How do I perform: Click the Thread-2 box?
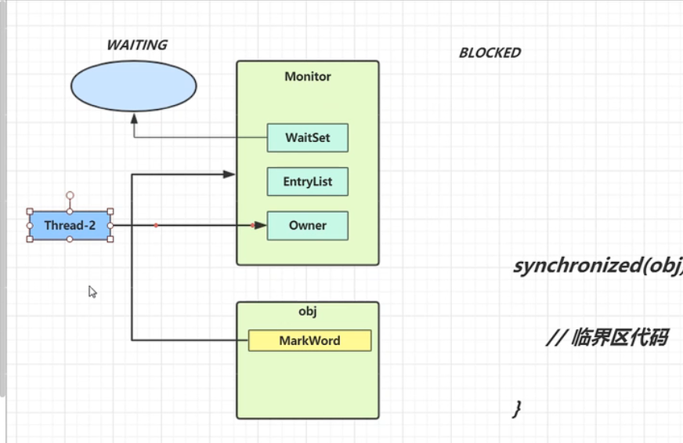(70, 225)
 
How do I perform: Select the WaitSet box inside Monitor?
(307, 137)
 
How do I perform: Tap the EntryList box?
(307, 181)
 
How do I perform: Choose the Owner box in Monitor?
(307, 225)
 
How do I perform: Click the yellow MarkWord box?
(309, 340)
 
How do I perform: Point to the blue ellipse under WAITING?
(133, 87)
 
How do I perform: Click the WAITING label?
(136, 45)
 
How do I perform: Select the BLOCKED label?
(490, 53)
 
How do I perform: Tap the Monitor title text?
(307, 77)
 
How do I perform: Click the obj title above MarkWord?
(307, 311)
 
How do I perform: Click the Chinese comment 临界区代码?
(607, 338)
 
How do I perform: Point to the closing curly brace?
(516, 408)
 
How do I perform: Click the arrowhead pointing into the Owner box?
(262, 225)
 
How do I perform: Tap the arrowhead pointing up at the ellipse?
(134, 118)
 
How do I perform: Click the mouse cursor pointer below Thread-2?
(92, 291)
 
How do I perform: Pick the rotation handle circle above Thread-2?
(70, 194)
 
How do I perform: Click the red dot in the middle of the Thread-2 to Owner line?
(157, 225)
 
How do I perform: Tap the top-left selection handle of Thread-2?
(30, 211)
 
